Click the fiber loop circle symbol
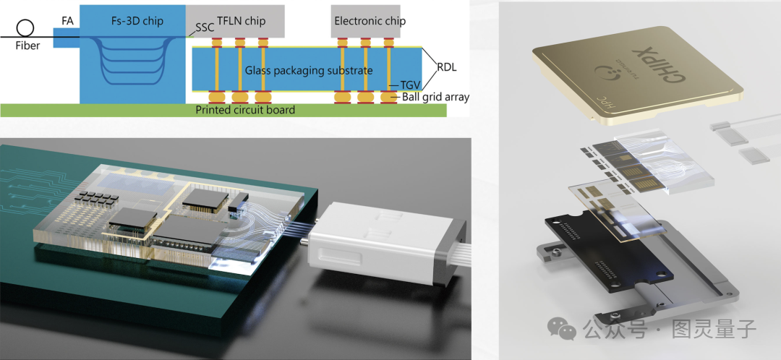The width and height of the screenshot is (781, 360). (x=25, y=28)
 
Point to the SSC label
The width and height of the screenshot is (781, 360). (x=205, y=29)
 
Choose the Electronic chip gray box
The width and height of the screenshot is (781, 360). (x=370, y=21)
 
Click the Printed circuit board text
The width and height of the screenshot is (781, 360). (x=245, y=110)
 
